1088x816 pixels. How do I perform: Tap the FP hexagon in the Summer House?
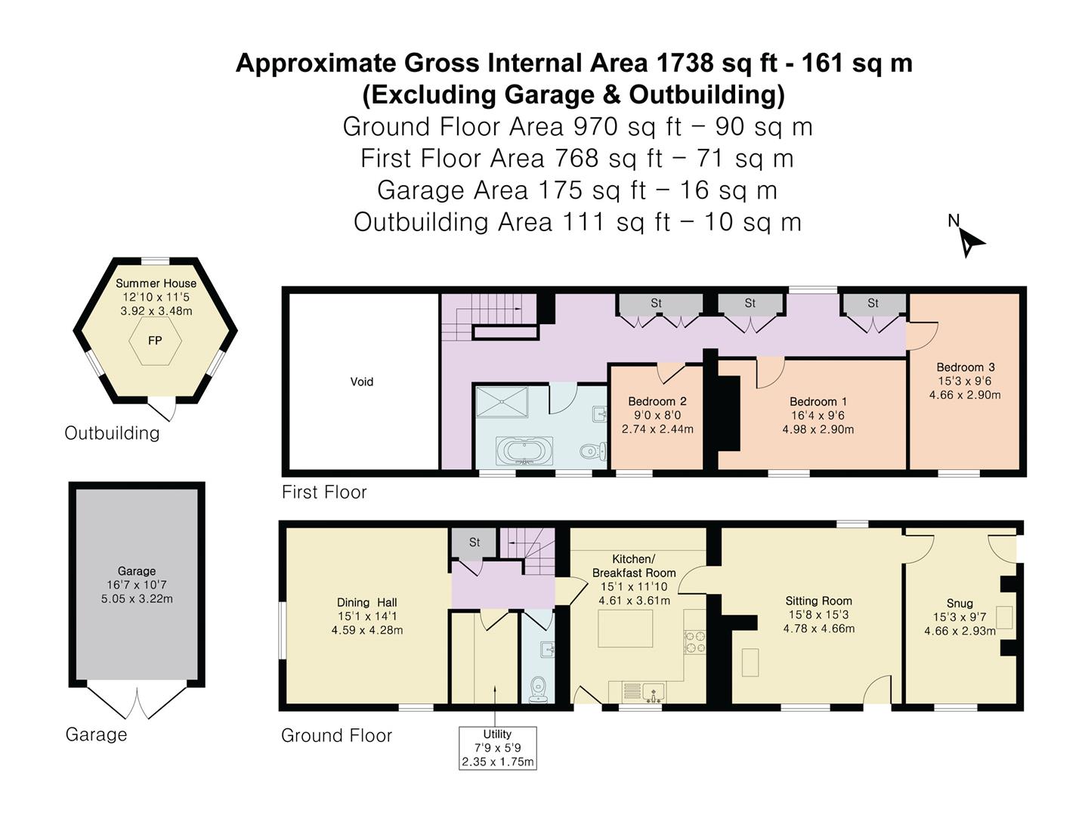pos(155,341)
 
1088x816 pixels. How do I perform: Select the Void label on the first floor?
pos(362,382)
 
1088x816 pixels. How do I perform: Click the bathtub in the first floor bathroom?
pos(524,452)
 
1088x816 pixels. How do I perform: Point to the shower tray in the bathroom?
pos(502,400)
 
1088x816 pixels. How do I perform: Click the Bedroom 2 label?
pos(657,401)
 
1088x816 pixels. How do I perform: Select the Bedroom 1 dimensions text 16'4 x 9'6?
pos(819,416)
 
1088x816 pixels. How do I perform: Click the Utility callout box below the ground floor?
pos(497,748)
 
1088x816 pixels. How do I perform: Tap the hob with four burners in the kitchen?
pos(694,642)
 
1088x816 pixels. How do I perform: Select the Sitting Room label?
pos(818,601)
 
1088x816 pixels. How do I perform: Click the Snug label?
pos(960,603)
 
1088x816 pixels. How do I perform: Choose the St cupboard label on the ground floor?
pos(474,542)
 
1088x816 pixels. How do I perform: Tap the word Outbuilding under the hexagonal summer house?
pos(112,433)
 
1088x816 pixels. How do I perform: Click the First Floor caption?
pos(324,492)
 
